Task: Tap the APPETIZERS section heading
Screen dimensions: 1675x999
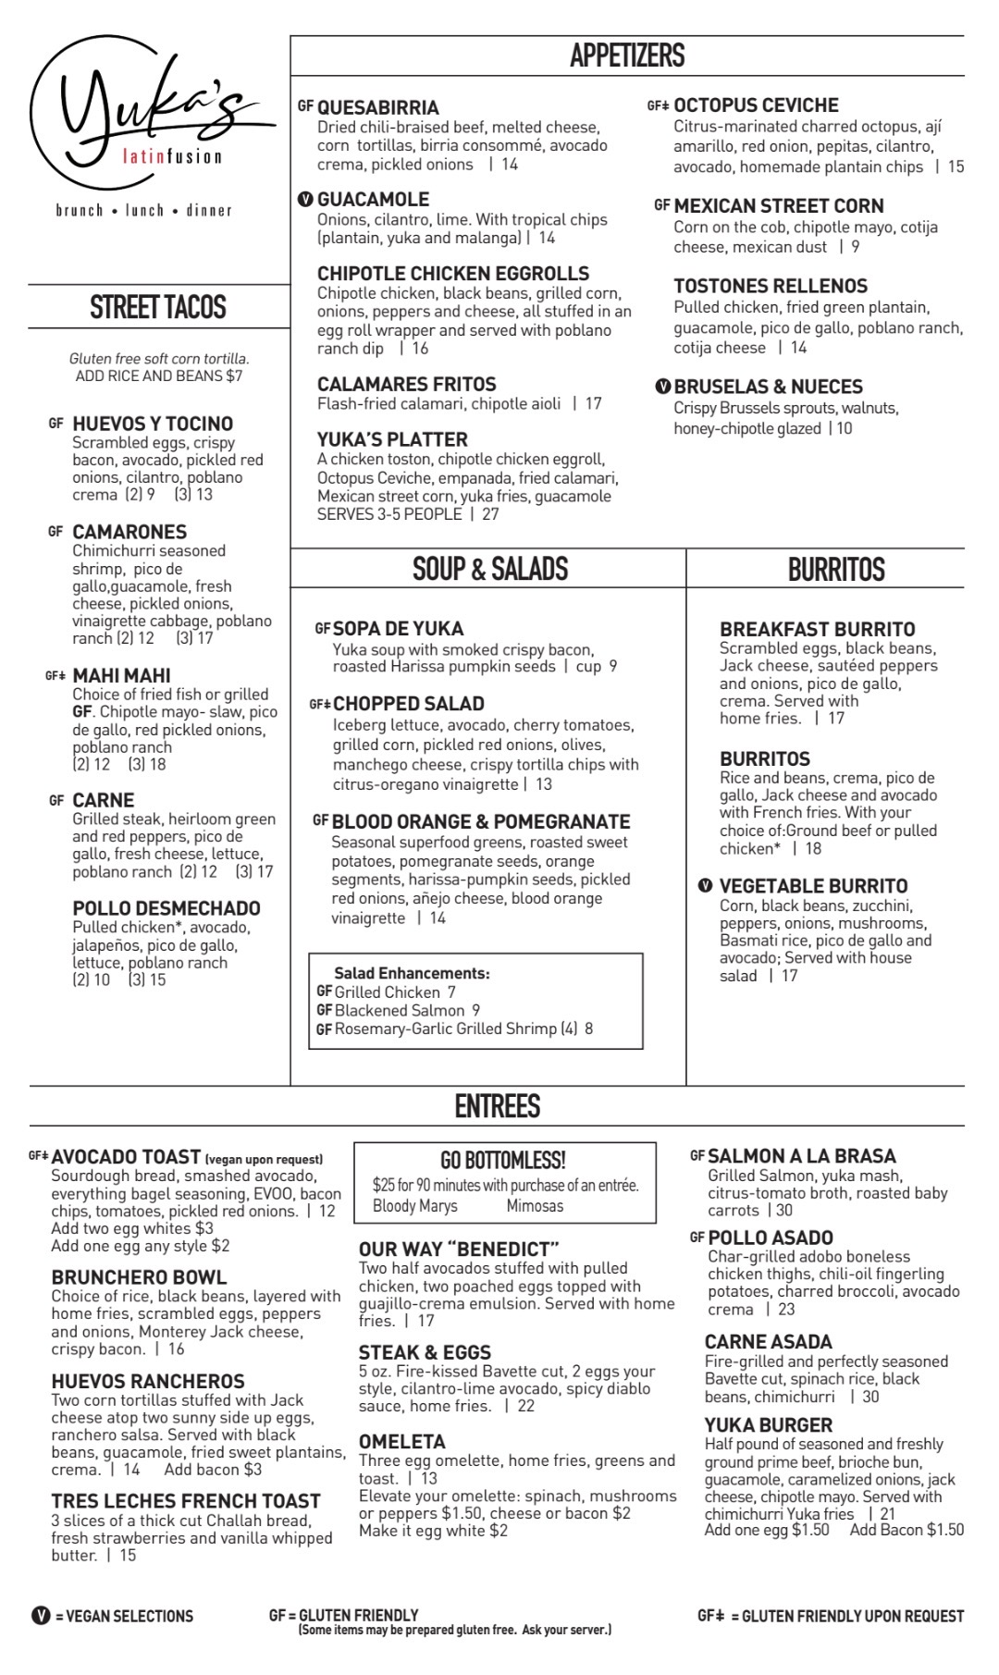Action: [626, 55]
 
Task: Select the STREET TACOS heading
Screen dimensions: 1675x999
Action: [158, 307]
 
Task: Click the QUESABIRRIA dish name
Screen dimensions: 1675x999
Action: [377, 107]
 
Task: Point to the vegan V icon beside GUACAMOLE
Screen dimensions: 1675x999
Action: [305, 199]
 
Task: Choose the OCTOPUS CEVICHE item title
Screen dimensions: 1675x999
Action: [756, 105]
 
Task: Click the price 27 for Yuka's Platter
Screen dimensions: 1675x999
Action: [490, 514]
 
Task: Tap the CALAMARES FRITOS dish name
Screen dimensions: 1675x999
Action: [406, 384]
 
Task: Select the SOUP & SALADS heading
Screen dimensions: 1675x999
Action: [489, 568]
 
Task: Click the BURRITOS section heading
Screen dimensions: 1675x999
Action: [836, 569]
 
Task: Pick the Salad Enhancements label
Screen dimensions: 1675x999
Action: [412, 973]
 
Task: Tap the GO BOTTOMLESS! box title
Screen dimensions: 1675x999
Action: [503, 1160]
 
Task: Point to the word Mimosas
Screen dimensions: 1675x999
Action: [535, 1205]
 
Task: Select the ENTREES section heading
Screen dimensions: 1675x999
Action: [497, 1105]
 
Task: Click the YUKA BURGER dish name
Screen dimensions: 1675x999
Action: [768, 1424]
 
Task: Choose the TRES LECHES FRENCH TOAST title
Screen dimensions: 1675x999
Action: [185, 1500]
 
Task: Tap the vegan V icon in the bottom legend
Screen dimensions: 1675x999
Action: [40, 1615]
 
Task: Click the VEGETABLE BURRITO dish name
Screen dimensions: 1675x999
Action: [813, 886]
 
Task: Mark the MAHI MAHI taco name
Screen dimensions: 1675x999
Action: [121, 675]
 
